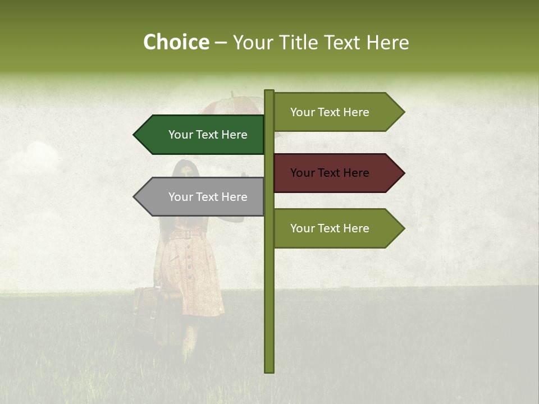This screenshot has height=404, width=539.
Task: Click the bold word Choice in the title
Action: click(176, 43)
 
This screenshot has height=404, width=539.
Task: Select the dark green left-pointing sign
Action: click(202, 135)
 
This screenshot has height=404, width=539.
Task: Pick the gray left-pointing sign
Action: click(202, 197)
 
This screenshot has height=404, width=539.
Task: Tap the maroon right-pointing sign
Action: click(337, 173)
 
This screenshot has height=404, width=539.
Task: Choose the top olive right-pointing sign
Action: click(337, 112)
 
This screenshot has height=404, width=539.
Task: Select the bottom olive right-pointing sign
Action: click(337, 228)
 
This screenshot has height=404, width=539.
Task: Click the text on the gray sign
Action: click(208, 197)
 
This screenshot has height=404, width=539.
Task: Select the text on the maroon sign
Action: click(330, 173)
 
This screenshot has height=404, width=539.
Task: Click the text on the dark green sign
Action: click(208, 135)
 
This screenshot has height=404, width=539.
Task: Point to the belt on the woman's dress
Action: click(185, 235)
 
